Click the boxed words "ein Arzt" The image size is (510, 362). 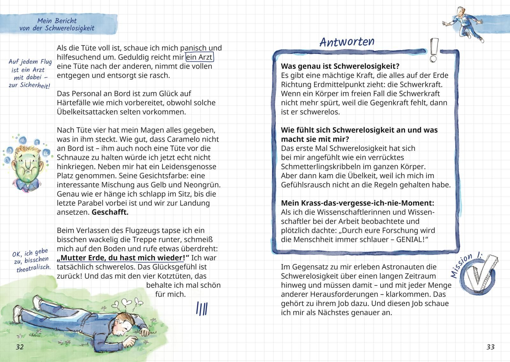(x=200, y=57)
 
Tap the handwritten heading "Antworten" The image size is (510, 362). (x=347, y=42)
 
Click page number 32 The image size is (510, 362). (x=20, y=347)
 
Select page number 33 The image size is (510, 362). (x=491, y=347)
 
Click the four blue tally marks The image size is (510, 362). (x=202, y=308)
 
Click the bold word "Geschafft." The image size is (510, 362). (x=110, y=212)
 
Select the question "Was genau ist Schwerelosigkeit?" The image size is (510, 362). (x=340, y=66)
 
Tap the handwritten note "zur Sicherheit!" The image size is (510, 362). (x=29, y=85)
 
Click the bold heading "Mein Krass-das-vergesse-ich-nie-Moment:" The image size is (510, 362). (x=357, y=203)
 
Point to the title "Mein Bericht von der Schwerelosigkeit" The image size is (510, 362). (x=57, y=25)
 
